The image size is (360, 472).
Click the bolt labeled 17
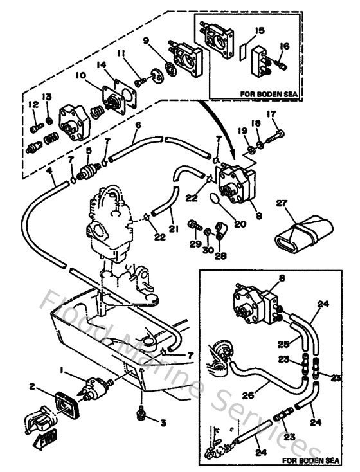279,135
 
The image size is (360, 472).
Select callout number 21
172,227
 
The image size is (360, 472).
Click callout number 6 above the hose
138,124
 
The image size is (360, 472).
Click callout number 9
147,41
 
